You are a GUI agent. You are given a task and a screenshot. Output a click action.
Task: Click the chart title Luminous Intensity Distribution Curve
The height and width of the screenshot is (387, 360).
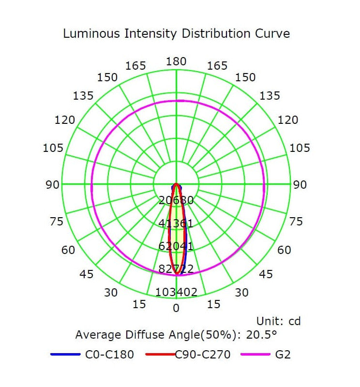tap(177, 33)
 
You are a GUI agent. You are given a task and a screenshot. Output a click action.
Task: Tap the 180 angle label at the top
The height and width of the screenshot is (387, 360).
tap(176, 61)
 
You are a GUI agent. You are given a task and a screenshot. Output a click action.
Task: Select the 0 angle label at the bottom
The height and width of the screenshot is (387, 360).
tap(176, 308)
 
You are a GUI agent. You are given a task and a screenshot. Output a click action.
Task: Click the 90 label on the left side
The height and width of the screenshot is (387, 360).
tap(53, 185)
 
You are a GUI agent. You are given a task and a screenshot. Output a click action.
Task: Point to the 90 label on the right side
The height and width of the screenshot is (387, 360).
tap(300, 185)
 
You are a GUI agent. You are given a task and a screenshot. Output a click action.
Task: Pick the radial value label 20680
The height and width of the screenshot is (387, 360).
tap(176, 200)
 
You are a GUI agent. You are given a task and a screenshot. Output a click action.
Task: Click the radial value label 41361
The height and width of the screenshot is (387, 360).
tap(176, 223)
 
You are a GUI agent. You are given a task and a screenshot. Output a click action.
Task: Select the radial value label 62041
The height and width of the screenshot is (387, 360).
tap(176, 246)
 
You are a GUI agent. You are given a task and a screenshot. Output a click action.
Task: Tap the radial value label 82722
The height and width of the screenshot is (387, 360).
tap(176, 269)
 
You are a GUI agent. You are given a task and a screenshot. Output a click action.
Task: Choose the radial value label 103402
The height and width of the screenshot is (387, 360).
tap(176, 292)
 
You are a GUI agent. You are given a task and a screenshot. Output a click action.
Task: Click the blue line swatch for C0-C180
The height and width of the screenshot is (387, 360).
tap(65, 355)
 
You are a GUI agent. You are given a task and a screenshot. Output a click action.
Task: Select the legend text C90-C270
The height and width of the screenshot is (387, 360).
tap(203, 355)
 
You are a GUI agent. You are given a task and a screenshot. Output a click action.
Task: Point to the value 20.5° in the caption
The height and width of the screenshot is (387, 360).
tap(261, 334)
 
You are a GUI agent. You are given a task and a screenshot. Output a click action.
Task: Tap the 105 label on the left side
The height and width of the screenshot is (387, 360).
tap(53, 148)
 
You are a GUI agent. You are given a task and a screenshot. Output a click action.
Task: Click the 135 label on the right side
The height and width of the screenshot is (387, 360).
tap(270, 96)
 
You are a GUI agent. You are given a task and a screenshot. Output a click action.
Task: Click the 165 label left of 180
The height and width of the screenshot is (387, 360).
tap(135, 66)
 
